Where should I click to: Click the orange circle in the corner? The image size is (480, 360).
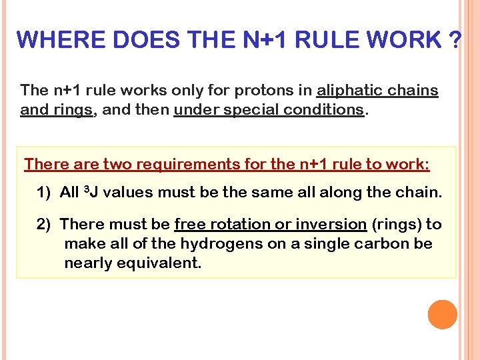point(443,315)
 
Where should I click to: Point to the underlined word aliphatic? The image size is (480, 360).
point(348,90)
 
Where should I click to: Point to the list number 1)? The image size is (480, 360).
point(44,193)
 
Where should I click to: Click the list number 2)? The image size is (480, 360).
point(44,225)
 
